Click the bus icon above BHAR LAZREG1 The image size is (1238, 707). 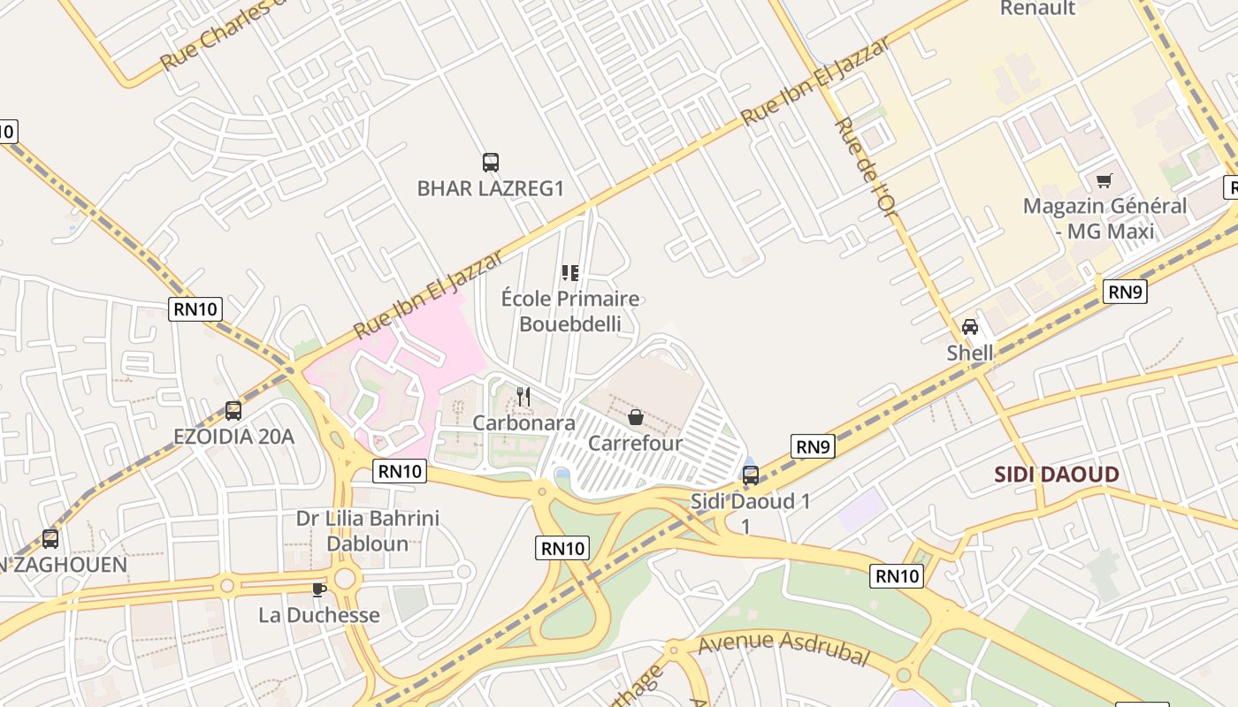[491, 163]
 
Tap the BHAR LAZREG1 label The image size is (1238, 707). [490, 188]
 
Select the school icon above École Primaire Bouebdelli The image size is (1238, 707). [570, 273]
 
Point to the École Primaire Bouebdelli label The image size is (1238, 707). [570, 311]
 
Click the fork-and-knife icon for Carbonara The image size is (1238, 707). [523, 397]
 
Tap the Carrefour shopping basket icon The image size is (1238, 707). [635, 417]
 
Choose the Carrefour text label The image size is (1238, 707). [635, 443]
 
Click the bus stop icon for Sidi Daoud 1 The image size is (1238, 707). [751, 475]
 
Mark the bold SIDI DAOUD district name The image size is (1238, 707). [1057, 475]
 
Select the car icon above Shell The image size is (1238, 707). [970, 327]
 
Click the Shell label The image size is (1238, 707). [970, 353]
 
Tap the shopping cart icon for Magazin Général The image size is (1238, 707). [1104, 181]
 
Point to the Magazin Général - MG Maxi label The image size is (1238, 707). [1104, 218]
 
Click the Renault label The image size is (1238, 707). [1037, 9]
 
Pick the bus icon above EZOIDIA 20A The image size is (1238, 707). [233, 410]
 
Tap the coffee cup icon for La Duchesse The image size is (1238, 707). [319, 589]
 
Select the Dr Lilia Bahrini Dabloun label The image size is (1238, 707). [368, 530]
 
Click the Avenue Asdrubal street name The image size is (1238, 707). [783, 648]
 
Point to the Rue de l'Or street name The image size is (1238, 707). [866, 177]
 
